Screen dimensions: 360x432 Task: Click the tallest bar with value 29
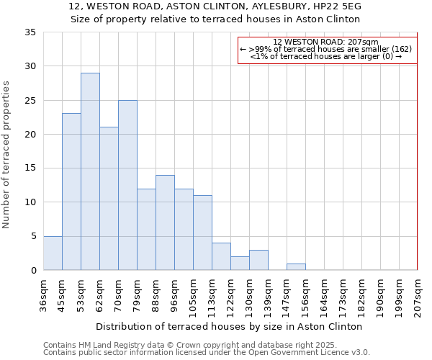tap(90, 171)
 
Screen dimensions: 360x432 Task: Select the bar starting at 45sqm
tap(71, 192)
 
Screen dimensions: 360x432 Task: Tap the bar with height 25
tap(127, 185)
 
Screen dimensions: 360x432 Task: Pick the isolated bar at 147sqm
tap(296, 266)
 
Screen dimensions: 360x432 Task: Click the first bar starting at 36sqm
tap(53, 253)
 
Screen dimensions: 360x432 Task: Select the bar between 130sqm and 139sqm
tap(258, 260)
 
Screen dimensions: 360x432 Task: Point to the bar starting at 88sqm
tap(165, 222)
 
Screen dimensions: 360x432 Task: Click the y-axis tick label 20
tap(30, 135)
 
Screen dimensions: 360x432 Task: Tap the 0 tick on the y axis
tap(32, 271)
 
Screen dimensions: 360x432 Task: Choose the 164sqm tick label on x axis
tap(324, 294)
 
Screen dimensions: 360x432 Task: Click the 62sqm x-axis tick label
tap(99, 294)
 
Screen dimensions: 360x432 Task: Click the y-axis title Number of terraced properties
tap(7, 155)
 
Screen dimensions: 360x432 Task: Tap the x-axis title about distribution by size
tap(229, 326)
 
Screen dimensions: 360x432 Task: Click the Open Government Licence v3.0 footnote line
tap(207, 353)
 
